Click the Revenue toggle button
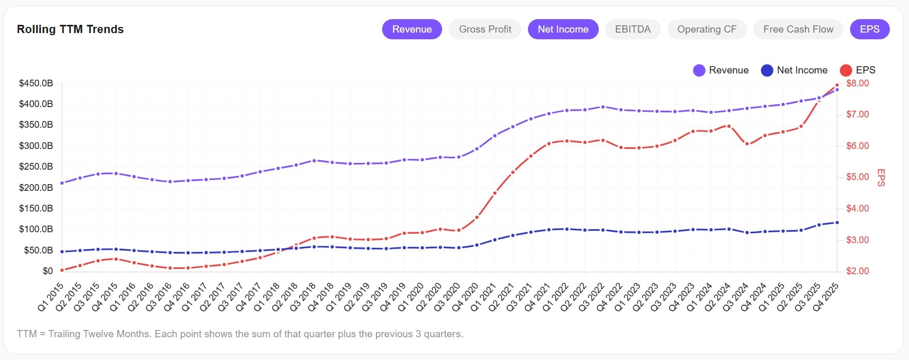[x=412, y=29]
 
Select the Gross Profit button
[x=484, y=29]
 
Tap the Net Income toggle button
[x=563, y=29]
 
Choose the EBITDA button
[x=632, y=29]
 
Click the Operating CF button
[x=706, y=29]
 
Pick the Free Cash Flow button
[x=798, y=29]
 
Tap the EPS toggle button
[x=869, y=29]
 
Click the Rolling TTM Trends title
[x=70, y=29]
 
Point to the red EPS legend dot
[x=846, y=70]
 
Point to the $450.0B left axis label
[x=36, y=83]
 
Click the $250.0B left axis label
[x=36, y=167]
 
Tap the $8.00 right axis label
[x=857, y=83]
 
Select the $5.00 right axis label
[x=857, y=177]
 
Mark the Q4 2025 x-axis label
[x=826, y=296]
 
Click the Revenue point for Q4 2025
[x=837, y=89]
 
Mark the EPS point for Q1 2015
[x=62, y=270]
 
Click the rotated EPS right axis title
[x=881, y=177]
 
